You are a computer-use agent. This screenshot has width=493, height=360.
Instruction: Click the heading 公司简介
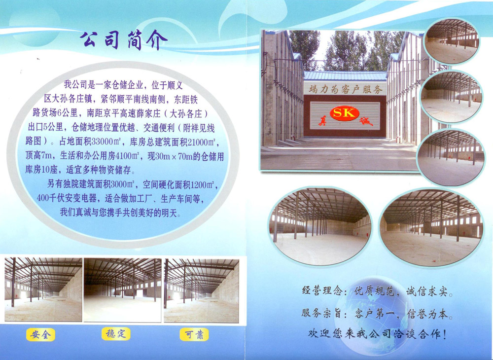click(x=123, y=40)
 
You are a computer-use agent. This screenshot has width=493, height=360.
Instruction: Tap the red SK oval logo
click(x=344, y=113)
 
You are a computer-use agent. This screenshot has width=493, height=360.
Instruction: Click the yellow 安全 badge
click(x=40, y=334)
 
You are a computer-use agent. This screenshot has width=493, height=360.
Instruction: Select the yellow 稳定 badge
click(x=116, y=333)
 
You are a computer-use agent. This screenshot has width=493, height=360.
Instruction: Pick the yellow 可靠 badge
click(x=194, y=334)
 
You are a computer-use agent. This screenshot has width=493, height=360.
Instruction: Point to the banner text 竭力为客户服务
click(x=345, y=89)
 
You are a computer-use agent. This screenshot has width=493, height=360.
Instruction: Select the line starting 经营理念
click(x=377, y=291)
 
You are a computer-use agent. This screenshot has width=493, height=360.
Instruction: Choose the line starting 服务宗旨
click(x=377, y=314)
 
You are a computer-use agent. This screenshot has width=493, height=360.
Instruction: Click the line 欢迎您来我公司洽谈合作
click(x=377, y=333)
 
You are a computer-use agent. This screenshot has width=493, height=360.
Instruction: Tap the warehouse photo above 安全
click(x=43, y=289)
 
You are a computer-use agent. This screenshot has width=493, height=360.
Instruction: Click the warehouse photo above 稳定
click(x=122, y=290)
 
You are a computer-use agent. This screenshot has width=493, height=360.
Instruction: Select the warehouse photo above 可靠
click(x=201, y=291)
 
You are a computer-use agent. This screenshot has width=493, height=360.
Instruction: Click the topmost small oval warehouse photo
click(x=452, y=41)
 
